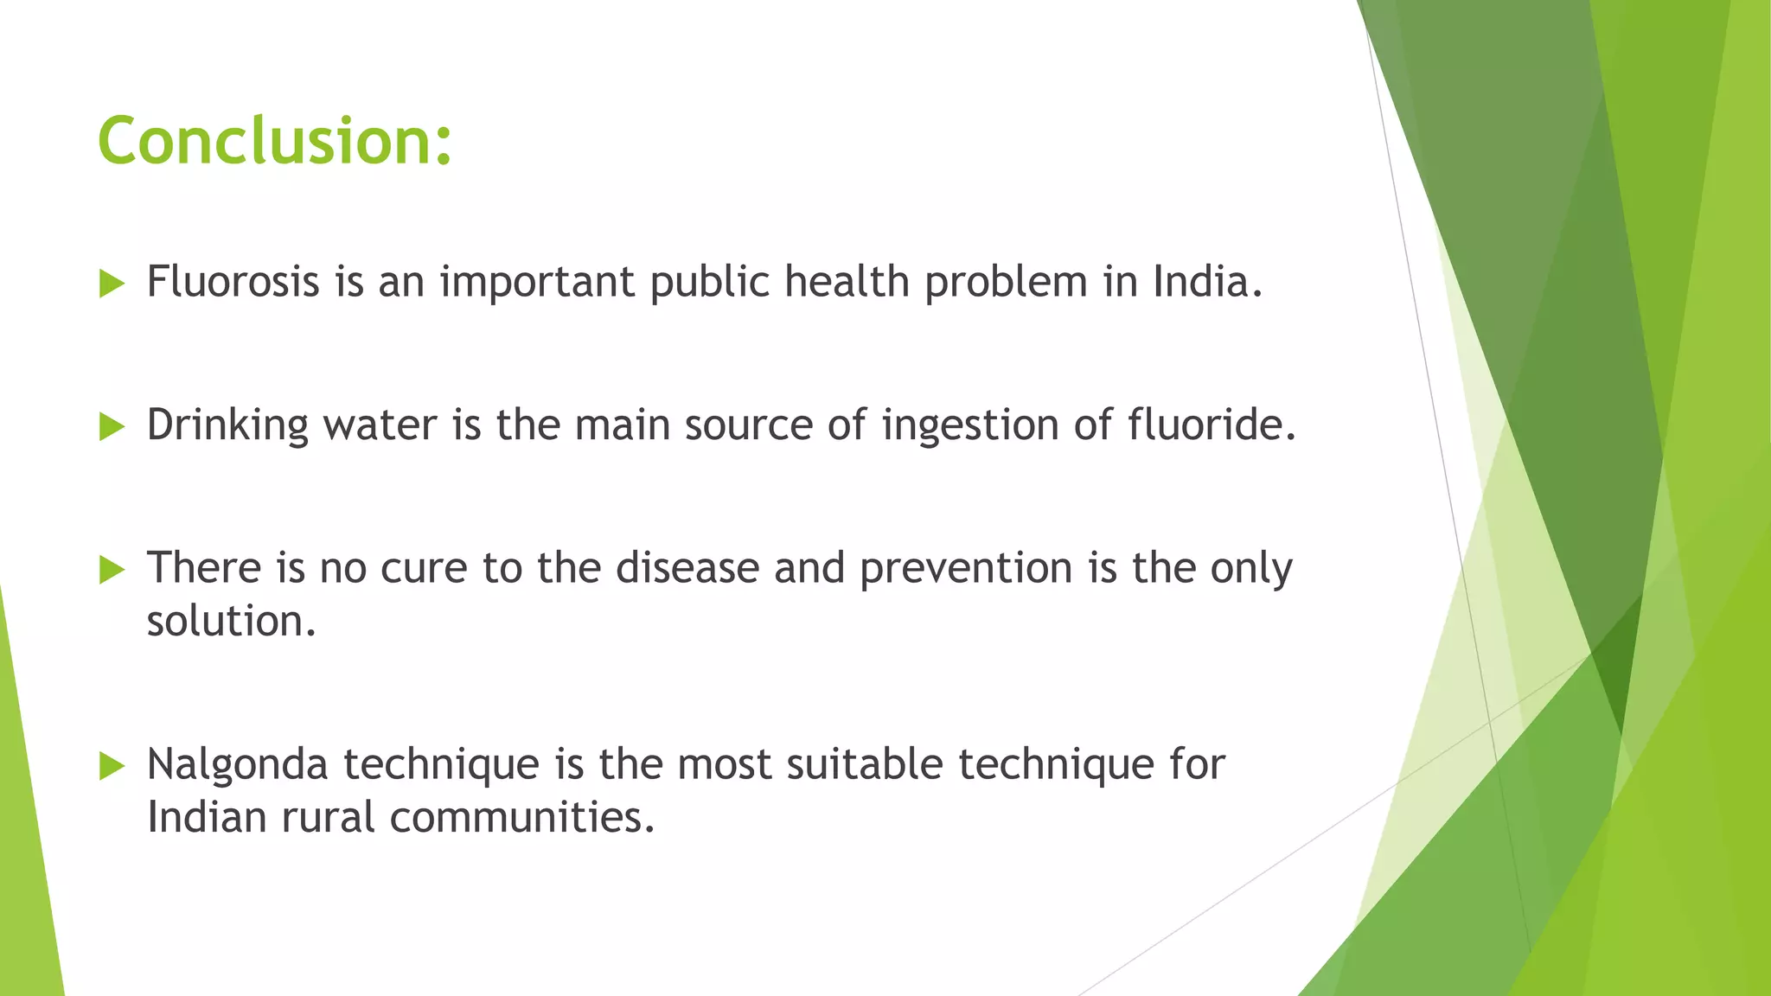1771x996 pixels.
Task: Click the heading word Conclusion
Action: tap(275, 141)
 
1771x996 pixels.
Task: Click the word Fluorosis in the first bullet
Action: tap(233, 282)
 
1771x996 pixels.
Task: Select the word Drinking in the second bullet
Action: tap(227, 425)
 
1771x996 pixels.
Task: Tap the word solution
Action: tap(230, 622)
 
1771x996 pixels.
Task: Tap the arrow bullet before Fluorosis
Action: tap(112, 284)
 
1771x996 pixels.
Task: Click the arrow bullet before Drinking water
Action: tap(112, 426)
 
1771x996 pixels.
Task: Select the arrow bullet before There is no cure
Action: tap(112, 570)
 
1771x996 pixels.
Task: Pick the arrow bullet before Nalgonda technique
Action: tap(112, 766)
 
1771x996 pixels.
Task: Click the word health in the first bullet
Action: tap(847, 282)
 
